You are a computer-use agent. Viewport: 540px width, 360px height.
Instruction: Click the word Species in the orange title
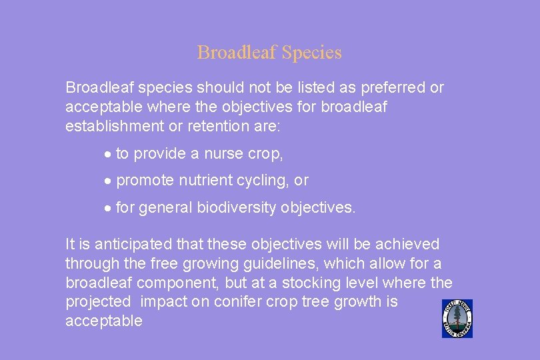pos(312,53)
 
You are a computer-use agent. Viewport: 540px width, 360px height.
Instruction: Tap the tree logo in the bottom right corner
pos(457,319)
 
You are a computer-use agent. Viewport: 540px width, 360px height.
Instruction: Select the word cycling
pos(261,181)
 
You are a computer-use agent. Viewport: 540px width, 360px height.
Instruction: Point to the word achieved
pos(407,245)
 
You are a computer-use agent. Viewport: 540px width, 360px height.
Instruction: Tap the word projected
pos(99,302)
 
